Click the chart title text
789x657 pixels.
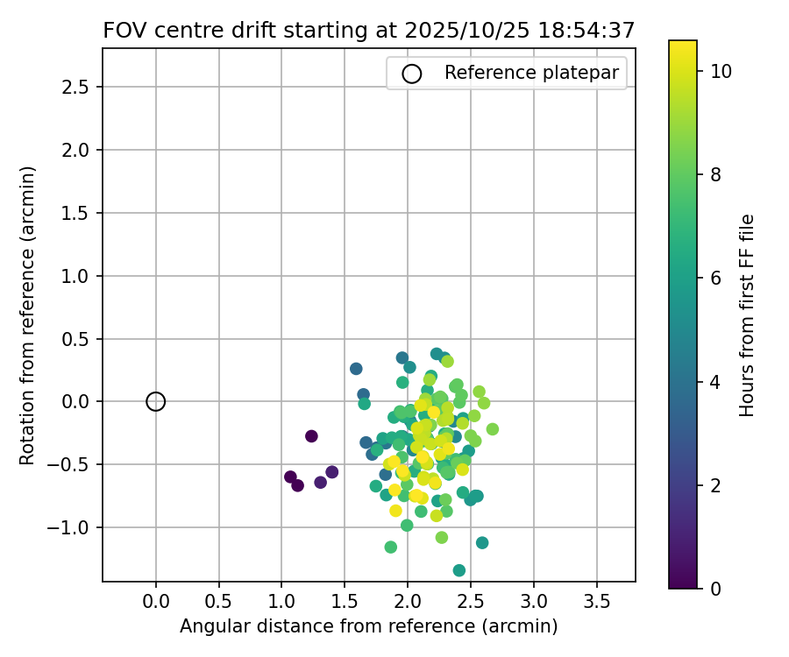[368, 31]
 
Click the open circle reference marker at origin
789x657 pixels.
[156, 401]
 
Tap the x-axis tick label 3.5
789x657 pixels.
[597, 604]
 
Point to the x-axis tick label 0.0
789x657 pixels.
[156, 604]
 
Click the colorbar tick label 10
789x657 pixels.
[721, 71]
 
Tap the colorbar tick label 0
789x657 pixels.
[715, 588]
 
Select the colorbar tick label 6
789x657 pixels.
[715, 278]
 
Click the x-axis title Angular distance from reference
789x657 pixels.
[368, 626]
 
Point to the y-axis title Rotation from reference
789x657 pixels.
[28, 315]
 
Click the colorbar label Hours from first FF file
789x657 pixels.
[747, 315]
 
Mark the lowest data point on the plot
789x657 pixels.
[459, 570]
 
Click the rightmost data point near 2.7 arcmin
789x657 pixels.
[493, 429]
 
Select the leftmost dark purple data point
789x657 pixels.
[290, 477]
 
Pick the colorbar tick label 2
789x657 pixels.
[715, 484]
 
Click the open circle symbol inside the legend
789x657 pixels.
[412, 74]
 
